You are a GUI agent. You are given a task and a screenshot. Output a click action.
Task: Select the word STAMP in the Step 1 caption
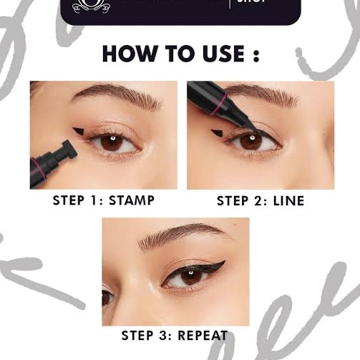pyautogui.click(x=131, y=200)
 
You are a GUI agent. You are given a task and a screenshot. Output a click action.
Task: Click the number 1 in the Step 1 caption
pyautogui.click(x=96, y=200)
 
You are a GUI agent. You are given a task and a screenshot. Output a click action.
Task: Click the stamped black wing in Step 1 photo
pyautogui.click(x=81, y=132)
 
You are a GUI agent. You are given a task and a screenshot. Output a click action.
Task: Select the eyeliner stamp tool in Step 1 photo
pyautogui.click(x=52, y=161)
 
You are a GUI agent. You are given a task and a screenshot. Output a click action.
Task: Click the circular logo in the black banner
pyautogui.click(x=89, y=9)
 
